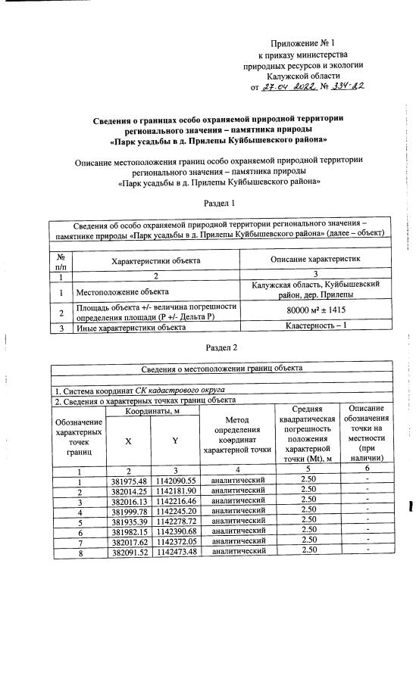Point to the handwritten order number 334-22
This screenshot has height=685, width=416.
pos(346,87)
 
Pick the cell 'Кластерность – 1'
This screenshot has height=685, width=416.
pos(317,327)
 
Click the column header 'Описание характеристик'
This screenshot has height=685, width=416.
pos(317,259)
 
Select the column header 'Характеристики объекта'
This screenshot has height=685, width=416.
pos(155,260)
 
